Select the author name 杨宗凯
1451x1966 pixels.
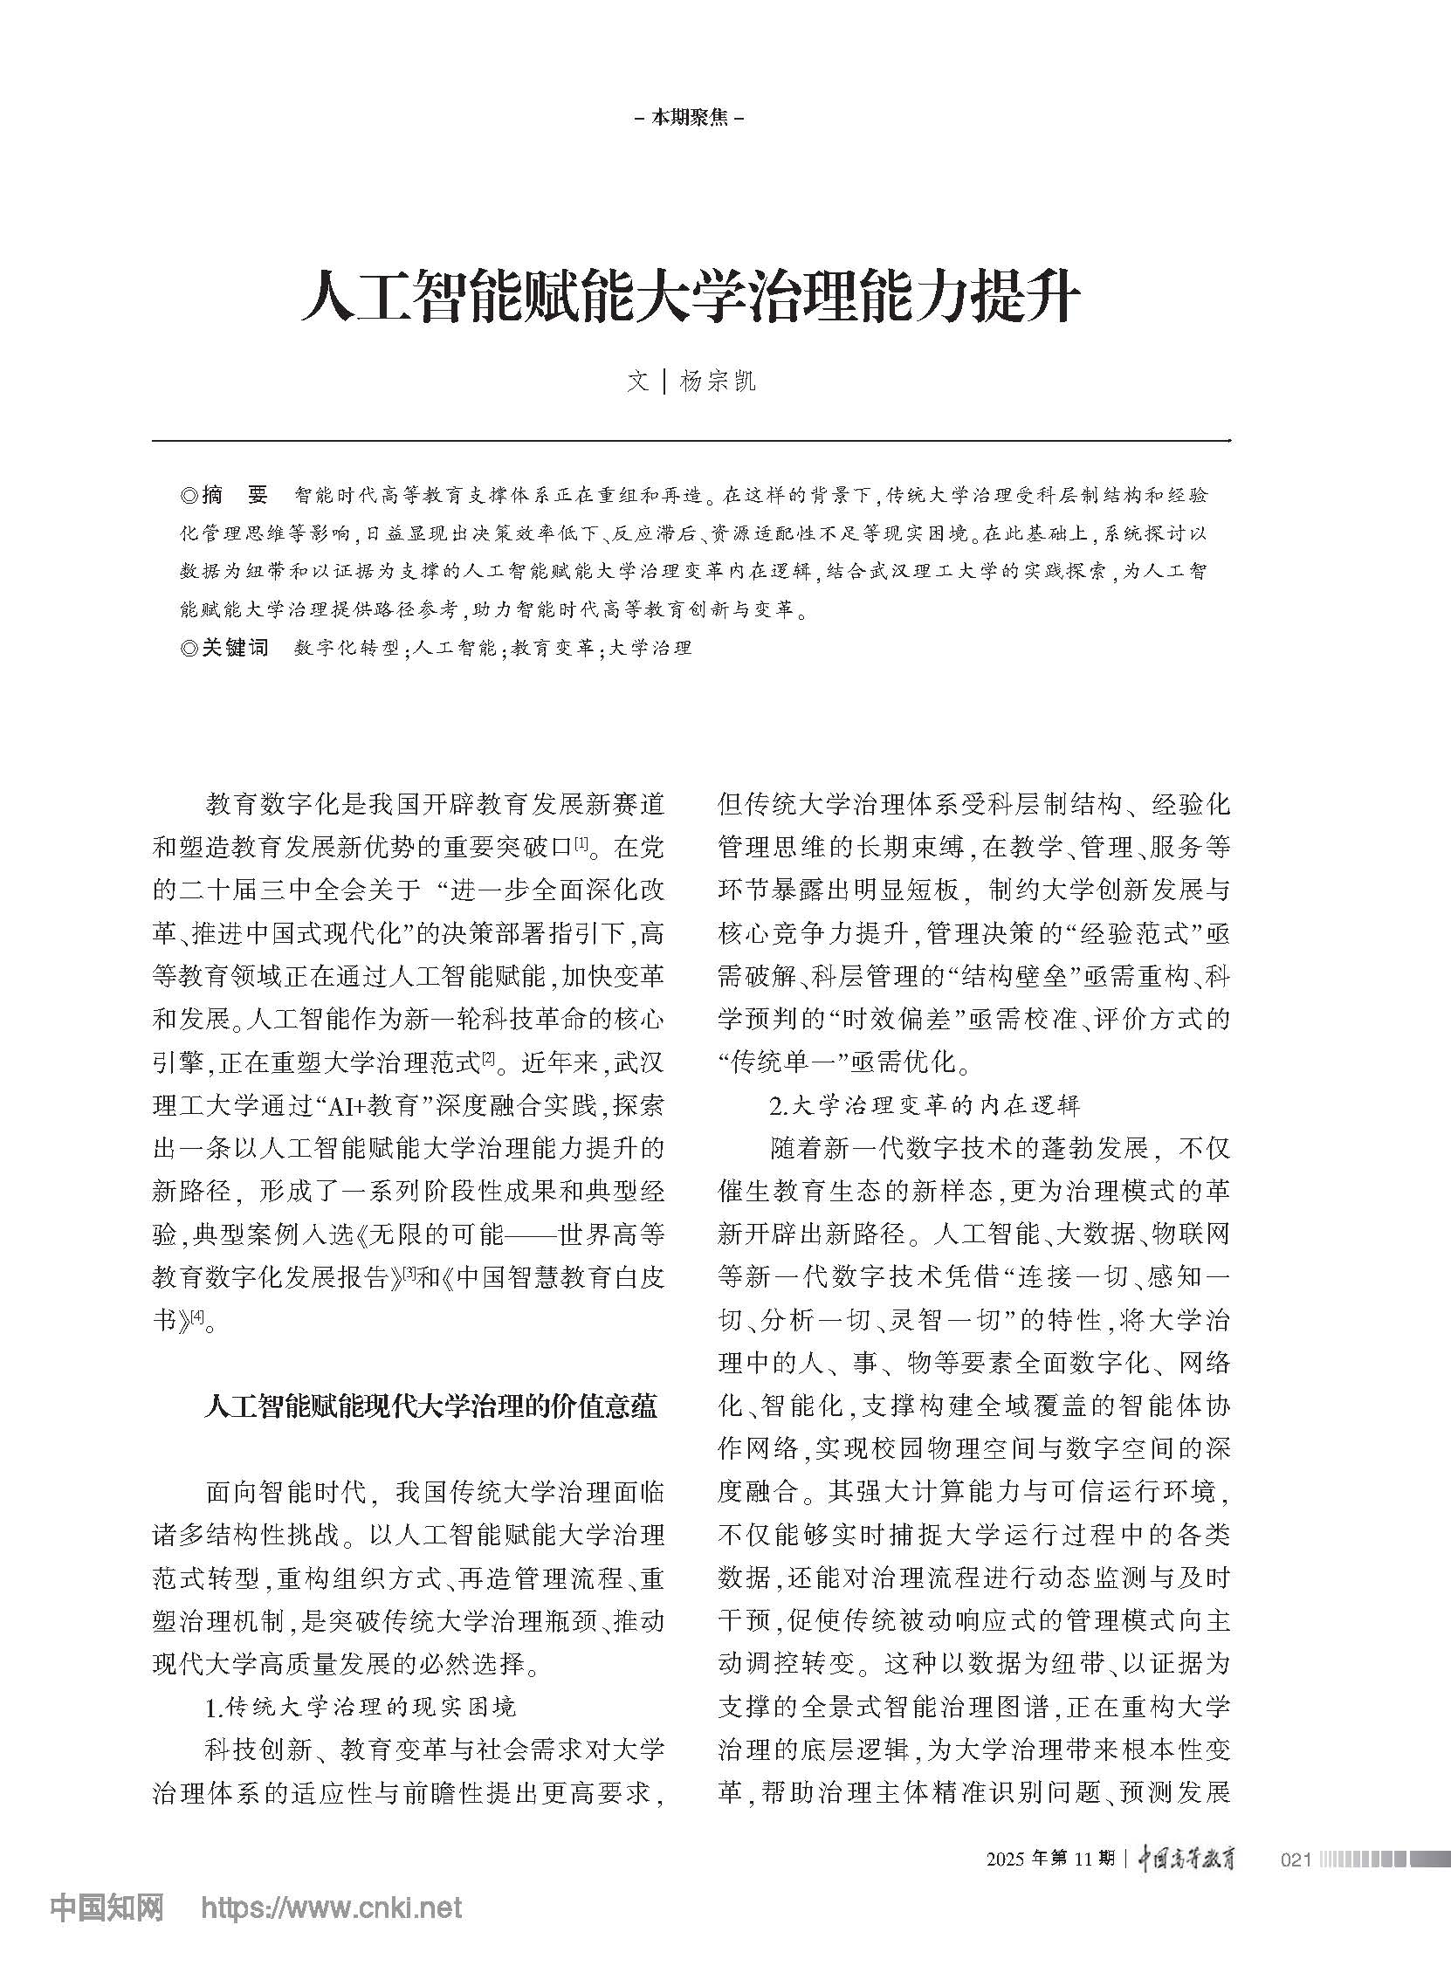coord(718,382)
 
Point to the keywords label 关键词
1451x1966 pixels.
coord(235,649)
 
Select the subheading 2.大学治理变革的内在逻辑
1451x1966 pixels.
coord(924,1104)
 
